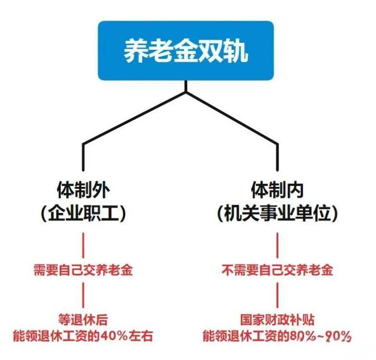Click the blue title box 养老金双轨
186,50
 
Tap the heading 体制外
83,190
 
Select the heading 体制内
278,190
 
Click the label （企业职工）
83,213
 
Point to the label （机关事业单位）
278,213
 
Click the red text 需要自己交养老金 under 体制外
83,270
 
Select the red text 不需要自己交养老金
278,270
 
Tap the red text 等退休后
83,320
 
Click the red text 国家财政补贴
278,320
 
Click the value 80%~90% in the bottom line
320,336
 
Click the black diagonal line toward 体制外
134,118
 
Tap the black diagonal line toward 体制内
232,118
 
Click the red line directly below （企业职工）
83,245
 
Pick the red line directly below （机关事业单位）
278,245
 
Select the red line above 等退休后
83,295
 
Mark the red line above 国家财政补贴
278,295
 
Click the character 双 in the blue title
210,51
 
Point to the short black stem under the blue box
186,86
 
